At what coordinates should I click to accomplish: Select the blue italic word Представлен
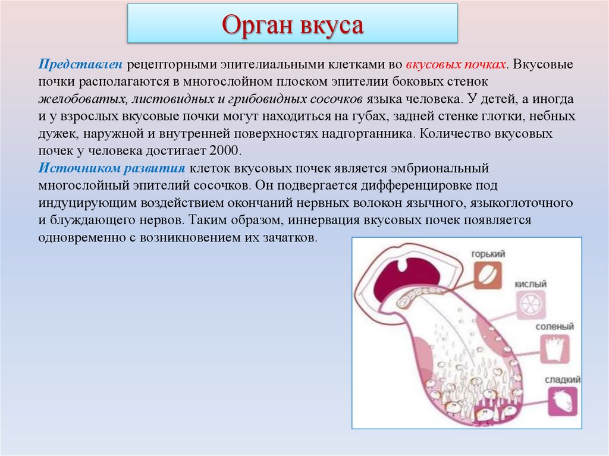point(81,64)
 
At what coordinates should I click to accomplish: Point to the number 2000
point(223,150)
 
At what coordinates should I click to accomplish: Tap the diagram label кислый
point(531,285)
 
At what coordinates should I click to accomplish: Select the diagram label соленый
point(554,326)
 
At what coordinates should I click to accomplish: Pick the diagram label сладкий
point(561,379)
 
